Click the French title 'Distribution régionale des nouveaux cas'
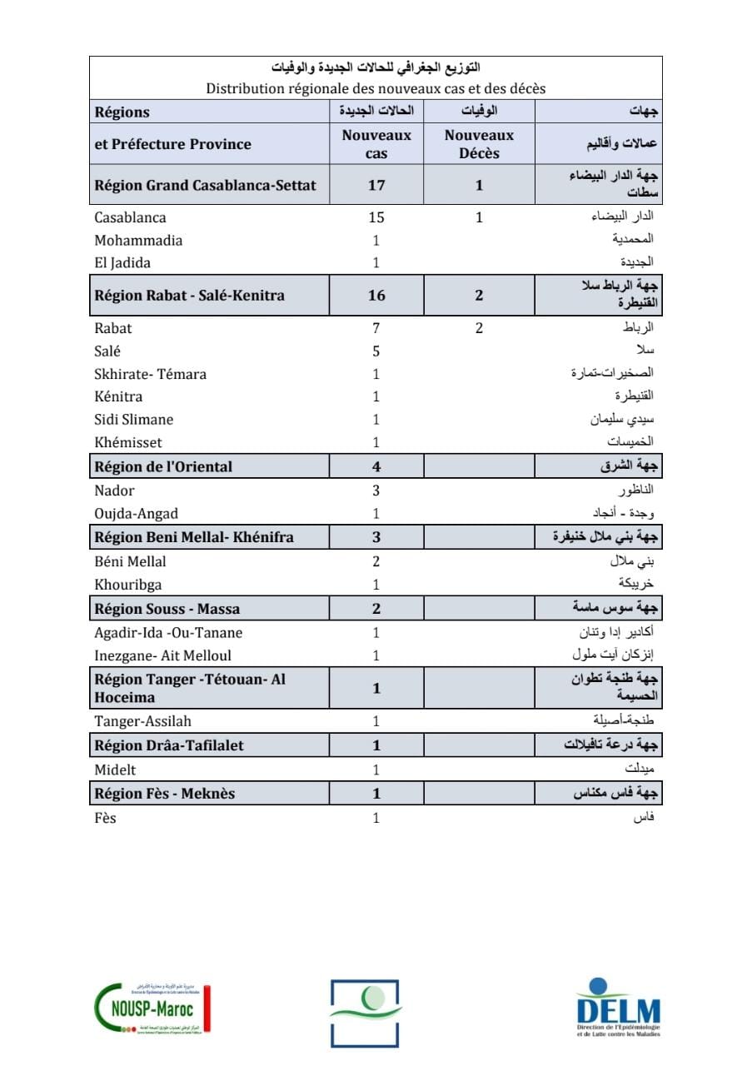(x=376, y=88)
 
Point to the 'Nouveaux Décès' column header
(x=479, y=144)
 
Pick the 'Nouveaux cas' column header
(x=376, y=144)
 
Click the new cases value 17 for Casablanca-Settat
(x=376, y=186)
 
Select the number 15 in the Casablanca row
(x=376, y=217)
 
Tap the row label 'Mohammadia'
(x=138, y=241)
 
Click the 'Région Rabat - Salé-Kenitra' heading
(x=190, y=296)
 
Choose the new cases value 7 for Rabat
(x=376, y=328)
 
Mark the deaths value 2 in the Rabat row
(x=479, y=328)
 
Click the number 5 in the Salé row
(x=376, y=351)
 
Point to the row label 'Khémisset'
(x=128, y=442)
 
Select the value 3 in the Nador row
(x=376, y=491)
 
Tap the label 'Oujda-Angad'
(x=137, y=514)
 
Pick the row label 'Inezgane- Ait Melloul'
(x=163, y=655)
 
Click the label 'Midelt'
(x=115, y=770)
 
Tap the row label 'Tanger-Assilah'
(x=143, y=721)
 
